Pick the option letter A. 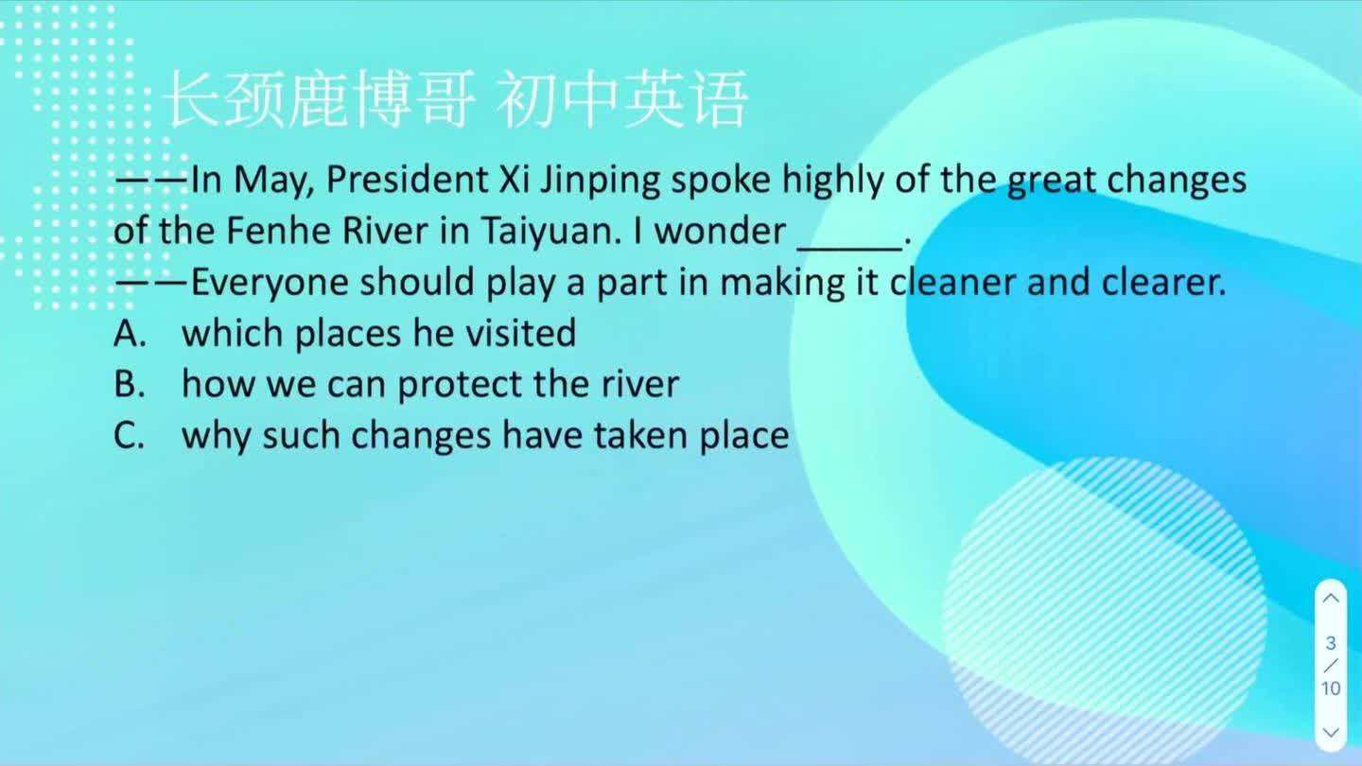tap(127, 333)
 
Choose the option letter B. tap(127, 384)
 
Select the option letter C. tap(127, 435)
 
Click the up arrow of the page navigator tap(1331, 598)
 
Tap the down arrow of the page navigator tap(1331, 732)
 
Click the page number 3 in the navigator tap(1331, 643)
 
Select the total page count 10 tap(1331, 688)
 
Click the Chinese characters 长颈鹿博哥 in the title tap(319, 99)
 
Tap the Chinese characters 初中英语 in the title tap(621, 99)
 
